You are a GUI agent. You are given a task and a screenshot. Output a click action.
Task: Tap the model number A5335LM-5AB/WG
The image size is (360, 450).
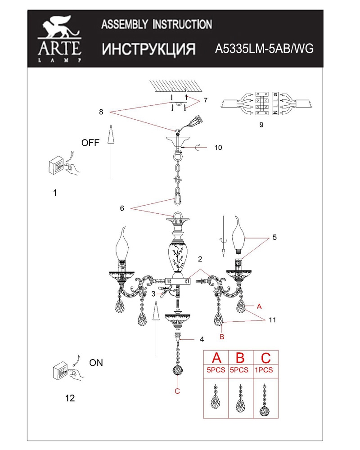pyautogui.click(x=264, y=49)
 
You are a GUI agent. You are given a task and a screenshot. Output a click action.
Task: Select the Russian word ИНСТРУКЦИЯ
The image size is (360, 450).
pyautogui.click(x=148, y=49)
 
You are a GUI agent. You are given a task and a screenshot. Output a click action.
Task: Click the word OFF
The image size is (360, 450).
pyautogui.click(x=90, y=143)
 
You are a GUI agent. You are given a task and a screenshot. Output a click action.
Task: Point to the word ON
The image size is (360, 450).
pyautogui.click(x=96, y=363)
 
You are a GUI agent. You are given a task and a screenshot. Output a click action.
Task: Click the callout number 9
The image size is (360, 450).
pyautogui.click(x=261, y=125)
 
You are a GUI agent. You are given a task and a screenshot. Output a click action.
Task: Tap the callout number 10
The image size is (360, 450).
pyautogui.click(x=218, y=148)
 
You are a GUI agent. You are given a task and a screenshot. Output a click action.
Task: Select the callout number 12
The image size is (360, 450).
pyautogui.click(x=70, y=398)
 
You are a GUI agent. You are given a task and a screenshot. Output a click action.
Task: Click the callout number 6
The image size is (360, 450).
pyautogui.click(x=122, y=208)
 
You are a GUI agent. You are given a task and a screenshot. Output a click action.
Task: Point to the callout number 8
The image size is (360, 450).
pyautogui.click(x=101, y=112)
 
